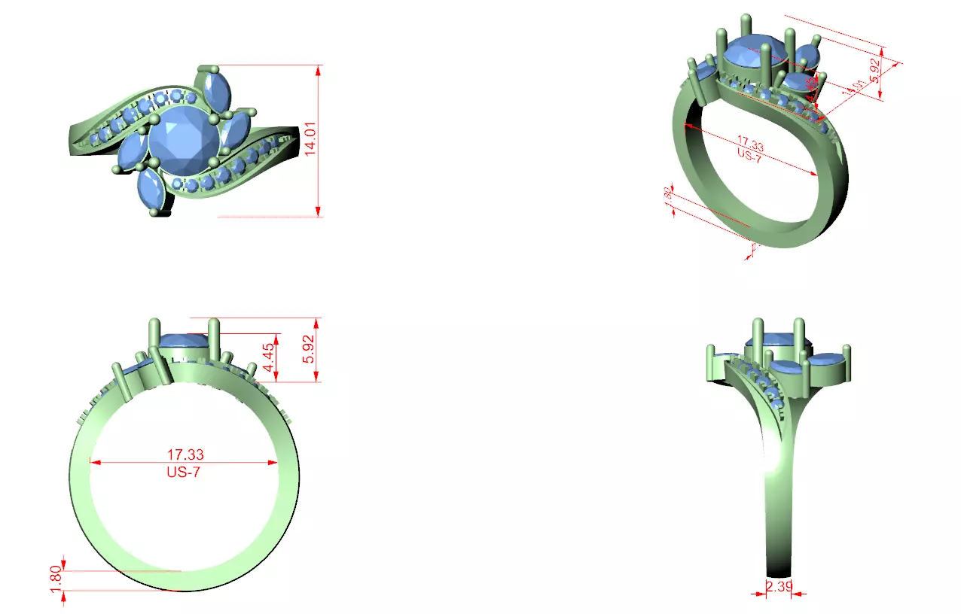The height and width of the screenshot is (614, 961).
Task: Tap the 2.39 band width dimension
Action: pyautogui.click(x=779, y=587)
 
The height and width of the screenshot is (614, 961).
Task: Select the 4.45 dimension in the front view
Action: pyautogui.click(x=268, y=357)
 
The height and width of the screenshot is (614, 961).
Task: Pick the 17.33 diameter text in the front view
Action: pyautogui.click(x=185, y=454)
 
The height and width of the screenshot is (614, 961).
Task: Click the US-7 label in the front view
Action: pyautogui.click(x=184, y=473)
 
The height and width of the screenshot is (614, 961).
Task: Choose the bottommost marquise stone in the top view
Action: pyautogui.click(x=151, y=190)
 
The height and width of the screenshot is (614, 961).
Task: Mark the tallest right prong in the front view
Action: pyautogui.click(x=215, y=346)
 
